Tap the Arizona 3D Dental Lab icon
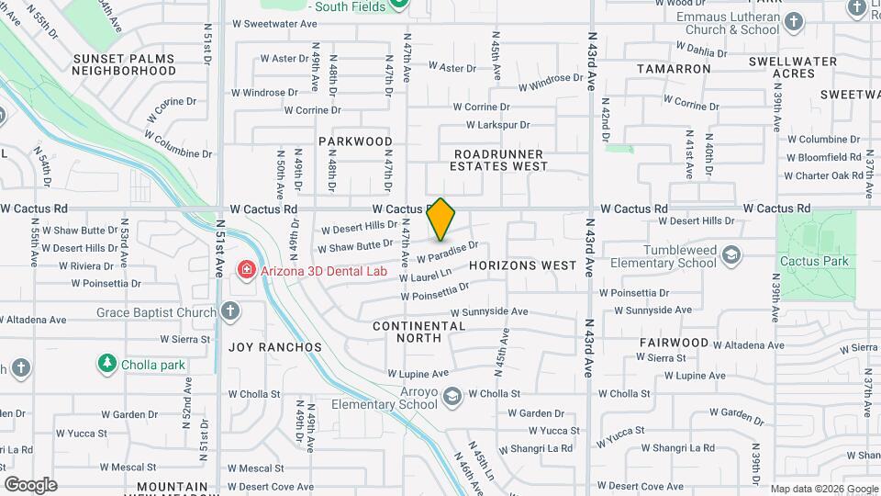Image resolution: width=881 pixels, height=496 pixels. (x=246, y=269)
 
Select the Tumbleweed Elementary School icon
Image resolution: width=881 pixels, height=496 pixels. (x=731, y=254)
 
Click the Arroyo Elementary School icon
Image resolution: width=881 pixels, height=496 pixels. (x=451, y=397)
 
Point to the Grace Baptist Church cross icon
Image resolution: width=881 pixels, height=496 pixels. (x=229, y=312)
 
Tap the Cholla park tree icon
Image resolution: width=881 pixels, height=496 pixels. (x=108, y=364)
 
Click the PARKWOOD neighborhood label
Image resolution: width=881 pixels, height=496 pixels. (x=355, y=141)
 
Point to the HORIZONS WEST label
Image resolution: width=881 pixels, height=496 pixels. (x=522, y=265)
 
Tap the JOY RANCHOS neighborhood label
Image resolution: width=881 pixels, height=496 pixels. (x=275, y=347)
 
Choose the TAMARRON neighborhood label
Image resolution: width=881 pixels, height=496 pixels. (x=674, y=69)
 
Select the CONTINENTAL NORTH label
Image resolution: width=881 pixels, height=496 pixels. (x=419, y=332)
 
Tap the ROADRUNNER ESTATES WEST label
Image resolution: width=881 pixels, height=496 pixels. (x=498, y=160)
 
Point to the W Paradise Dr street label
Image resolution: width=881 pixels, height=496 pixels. (x=448, y=254)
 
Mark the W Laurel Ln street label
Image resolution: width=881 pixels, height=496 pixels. (x=425, y=274)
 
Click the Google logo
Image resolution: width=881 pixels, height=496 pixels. (x=30, y=484)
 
